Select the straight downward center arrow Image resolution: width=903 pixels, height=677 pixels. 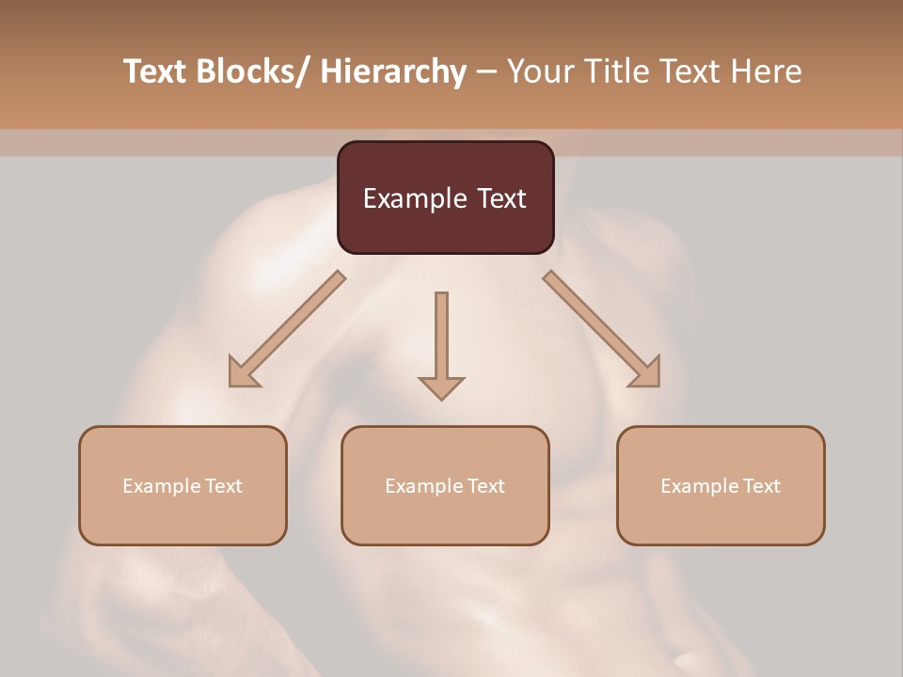441,338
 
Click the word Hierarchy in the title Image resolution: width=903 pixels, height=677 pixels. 392,71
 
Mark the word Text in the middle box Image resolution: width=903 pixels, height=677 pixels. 485,486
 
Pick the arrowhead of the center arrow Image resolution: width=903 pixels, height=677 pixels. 441,387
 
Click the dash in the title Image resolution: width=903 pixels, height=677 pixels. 486,71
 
